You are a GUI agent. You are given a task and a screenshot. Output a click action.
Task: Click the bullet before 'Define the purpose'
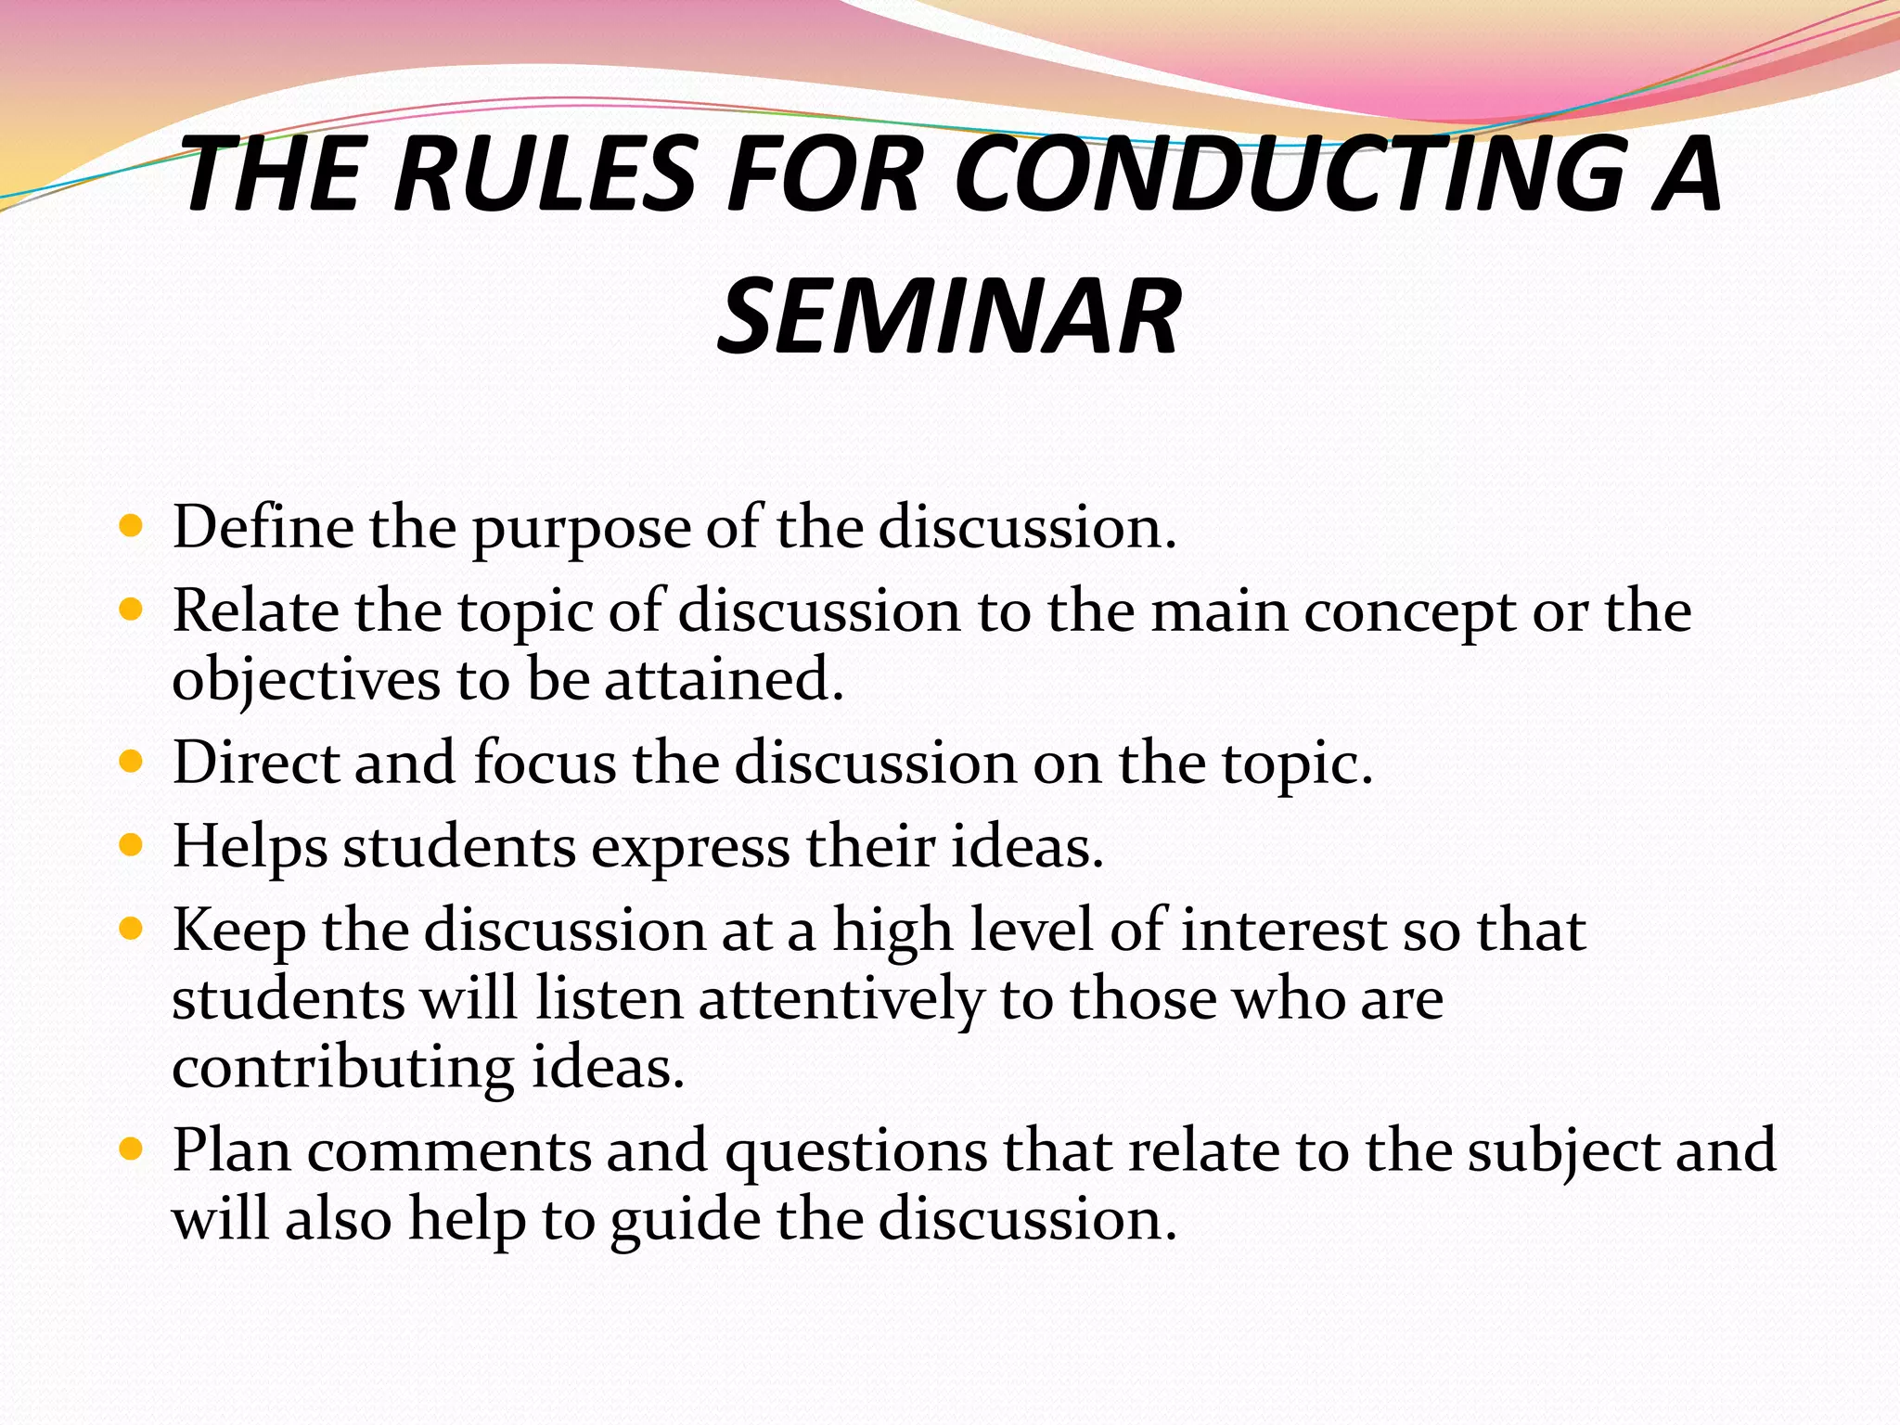pyautogui.click(x=132, y=528)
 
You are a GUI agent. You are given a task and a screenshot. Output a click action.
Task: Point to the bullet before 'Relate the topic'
pyautogui.click(x=132, y=611)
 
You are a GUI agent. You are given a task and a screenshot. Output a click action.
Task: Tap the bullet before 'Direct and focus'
pyautogui.click(x=132, y=763)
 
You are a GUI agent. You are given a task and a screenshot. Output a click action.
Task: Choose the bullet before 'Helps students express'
pyautogui.click(x=132, y=846)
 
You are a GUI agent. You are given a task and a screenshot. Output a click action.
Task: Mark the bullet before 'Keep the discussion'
pyautogui.click(x=132, y=929)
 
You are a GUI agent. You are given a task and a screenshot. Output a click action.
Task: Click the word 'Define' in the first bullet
pyautogui.click(x=263, y=528)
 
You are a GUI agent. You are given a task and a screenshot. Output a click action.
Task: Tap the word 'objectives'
pyautogui.click(x=306, y=682)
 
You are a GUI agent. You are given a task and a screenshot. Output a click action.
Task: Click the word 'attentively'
pyautogui.click(x=841, y=1001)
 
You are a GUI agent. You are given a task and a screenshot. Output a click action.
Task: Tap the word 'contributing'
pyautogui.click(x=343, y=1070)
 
